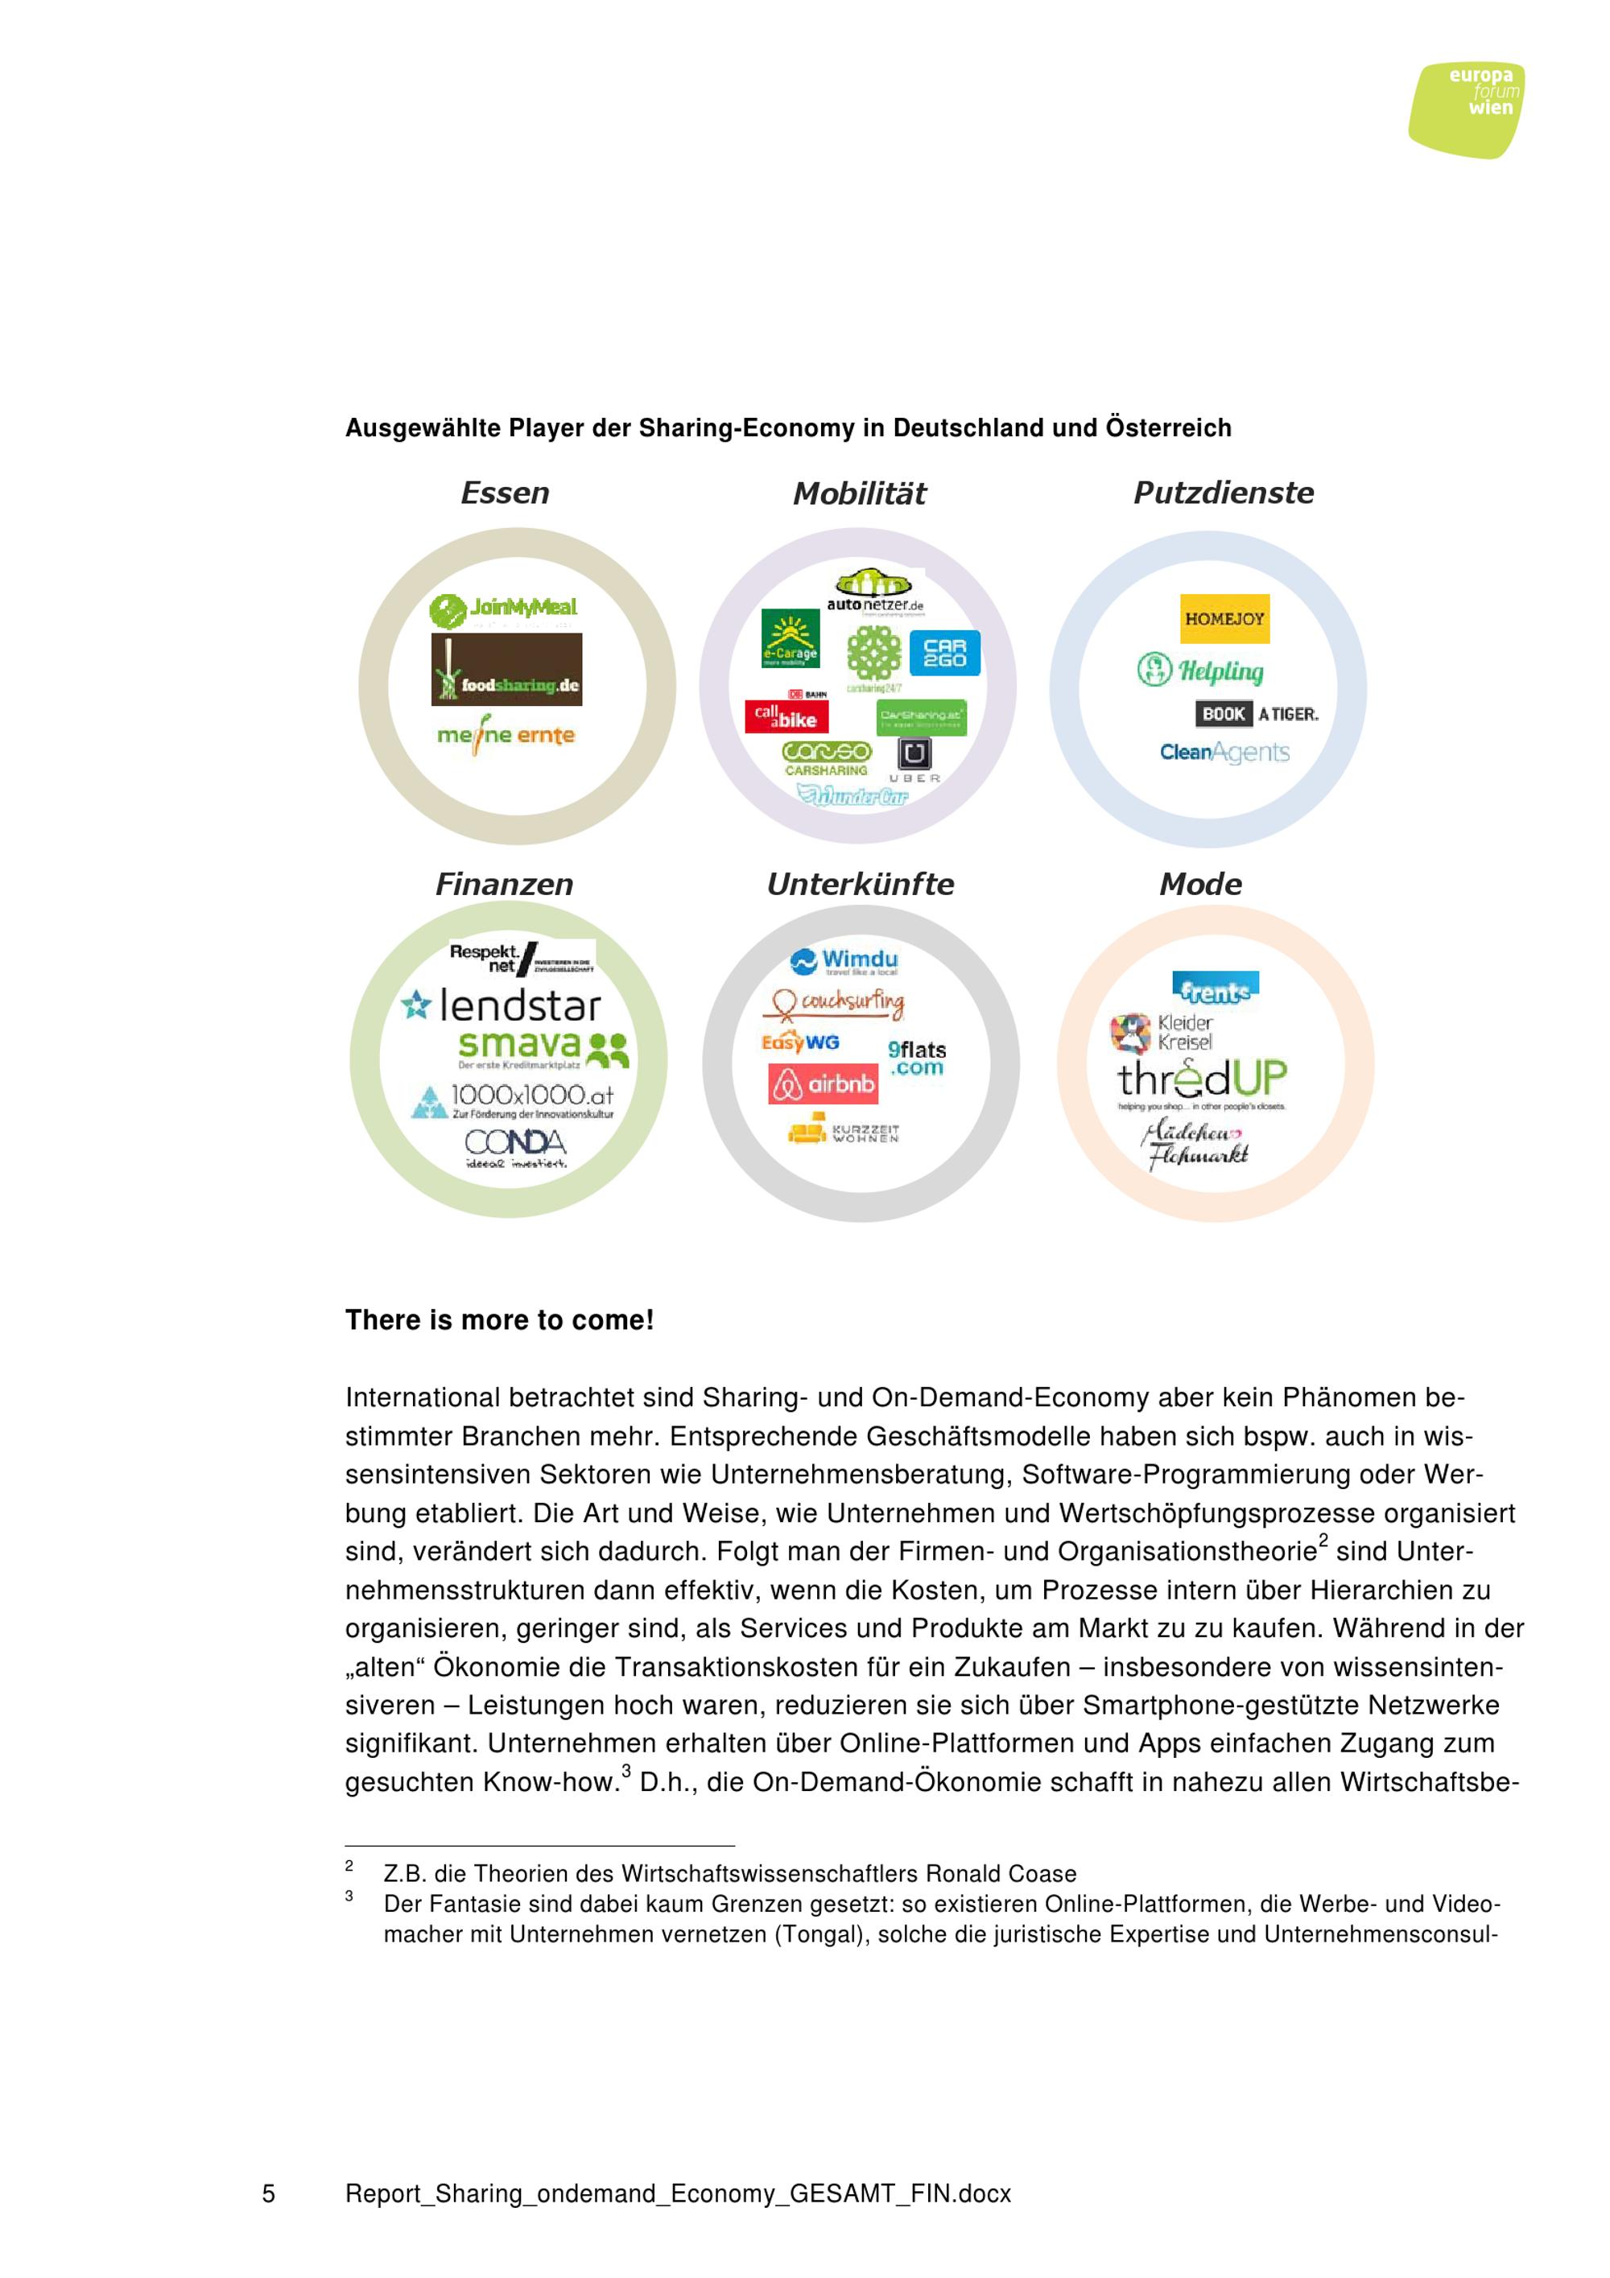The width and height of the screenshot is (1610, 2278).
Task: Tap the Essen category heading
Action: click(505, 493)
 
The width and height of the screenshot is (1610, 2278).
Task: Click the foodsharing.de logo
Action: click(507, 671)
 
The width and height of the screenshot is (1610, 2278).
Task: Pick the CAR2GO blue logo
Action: click(944, 653)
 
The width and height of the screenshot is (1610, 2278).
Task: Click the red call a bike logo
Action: click(786, 716)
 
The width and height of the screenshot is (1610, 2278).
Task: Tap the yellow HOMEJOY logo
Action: click(1224, 619)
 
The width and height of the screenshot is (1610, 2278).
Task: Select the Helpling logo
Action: click(1200, 671)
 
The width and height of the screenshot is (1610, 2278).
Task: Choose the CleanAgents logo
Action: click(1224, 752)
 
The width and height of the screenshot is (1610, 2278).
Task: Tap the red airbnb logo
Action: click(824, 1084)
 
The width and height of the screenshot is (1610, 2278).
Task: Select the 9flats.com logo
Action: click(917, 1058)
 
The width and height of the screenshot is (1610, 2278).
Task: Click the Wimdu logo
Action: click(844, 960)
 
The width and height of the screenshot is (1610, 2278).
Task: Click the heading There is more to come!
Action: click(499, 1321)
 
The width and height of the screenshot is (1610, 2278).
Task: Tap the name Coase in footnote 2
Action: click(1042, 1873)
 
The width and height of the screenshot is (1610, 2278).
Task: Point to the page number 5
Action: click(268, 2193)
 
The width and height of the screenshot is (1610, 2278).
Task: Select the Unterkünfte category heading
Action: click(860, 884)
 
